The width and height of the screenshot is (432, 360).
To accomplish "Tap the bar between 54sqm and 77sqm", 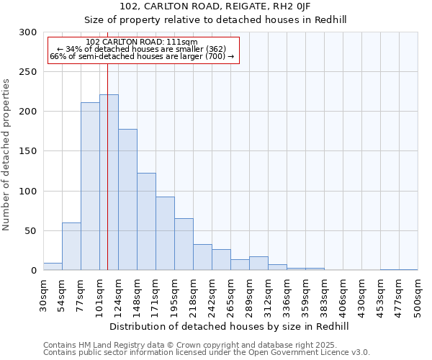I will click(x=71, y=246).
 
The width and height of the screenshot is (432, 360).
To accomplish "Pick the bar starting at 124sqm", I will click(x=127, y=199).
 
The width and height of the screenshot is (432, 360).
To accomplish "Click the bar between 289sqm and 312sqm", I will click(x=258, y=264).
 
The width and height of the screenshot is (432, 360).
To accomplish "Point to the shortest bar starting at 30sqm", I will click(x=53, y=266).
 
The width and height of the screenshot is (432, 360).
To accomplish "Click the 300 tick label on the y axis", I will click(x=28, y=32).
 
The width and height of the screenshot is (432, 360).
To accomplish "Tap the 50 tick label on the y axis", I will click(x=31, y=231).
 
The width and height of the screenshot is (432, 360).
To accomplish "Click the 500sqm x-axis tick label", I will click(x=418, y=296).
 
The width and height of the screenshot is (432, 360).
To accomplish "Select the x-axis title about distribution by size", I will click(x=230, y=326).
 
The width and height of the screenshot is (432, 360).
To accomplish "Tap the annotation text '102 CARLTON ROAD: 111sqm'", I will click(x=141, y=42).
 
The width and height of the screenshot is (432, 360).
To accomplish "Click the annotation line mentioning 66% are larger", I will click(x=141, y=56).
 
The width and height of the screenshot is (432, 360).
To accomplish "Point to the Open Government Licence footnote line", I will click(x=207, y=352).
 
